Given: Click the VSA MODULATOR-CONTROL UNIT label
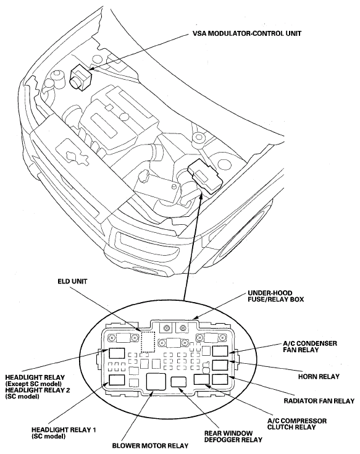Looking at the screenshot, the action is (247, 33).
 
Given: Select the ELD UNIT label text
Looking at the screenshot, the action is (72, 281).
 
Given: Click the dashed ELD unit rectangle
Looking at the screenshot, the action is (148, 342).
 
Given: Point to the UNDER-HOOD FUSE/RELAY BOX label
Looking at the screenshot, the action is (276, 296).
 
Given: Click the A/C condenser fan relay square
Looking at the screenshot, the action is (220, 351).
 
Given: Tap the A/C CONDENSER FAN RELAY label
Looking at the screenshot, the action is (309, 347).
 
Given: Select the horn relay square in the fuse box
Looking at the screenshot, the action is (220, 366).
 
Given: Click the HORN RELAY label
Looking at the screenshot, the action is (319, 377).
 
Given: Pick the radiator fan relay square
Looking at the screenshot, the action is (220, 379).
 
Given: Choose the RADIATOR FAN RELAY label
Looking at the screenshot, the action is (319, 401).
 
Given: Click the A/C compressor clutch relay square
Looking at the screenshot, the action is (202, 379).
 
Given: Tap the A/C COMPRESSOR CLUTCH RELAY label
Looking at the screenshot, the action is (296, 424).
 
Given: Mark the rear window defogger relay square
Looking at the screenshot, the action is (178, 382).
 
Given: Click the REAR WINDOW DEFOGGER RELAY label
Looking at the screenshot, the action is (233, 436).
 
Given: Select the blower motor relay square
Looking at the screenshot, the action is (156, 382).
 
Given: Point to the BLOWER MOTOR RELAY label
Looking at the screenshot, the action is (150, 445).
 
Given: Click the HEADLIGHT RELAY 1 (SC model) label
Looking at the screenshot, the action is (64, 433).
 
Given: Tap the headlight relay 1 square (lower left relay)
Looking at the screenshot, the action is (117, 380).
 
